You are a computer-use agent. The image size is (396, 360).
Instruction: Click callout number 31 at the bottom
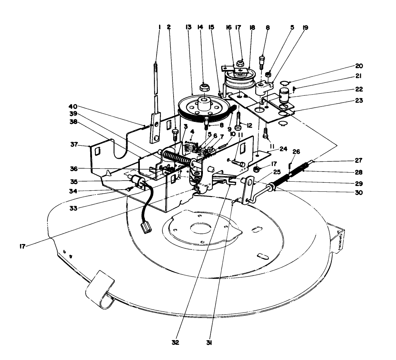click(x=214, y=342)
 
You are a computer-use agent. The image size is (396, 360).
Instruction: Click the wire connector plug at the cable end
click(x=147, y=229)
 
